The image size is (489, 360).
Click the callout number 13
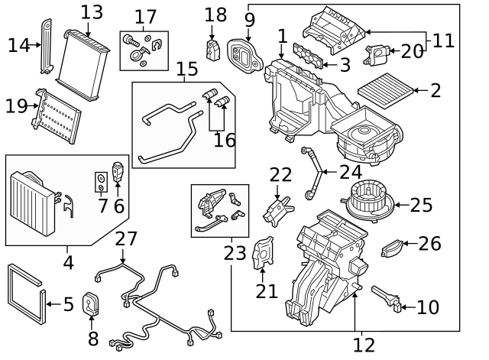[92, 12]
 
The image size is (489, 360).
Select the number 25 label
[421, 205]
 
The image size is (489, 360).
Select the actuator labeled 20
[377, 54]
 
